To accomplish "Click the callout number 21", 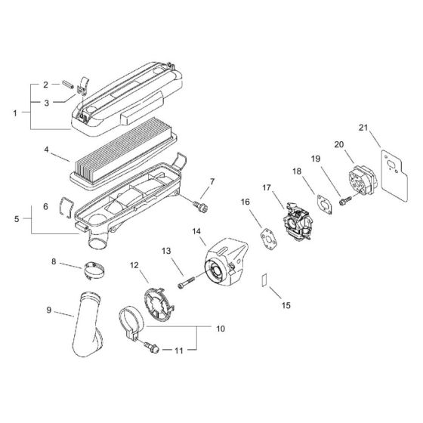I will coord(363,129).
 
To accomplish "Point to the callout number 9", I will coord(50,309).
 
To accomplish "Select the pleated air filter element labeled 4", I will coord(121,168).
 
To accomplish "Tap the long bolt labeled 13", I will coord(187,285).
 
